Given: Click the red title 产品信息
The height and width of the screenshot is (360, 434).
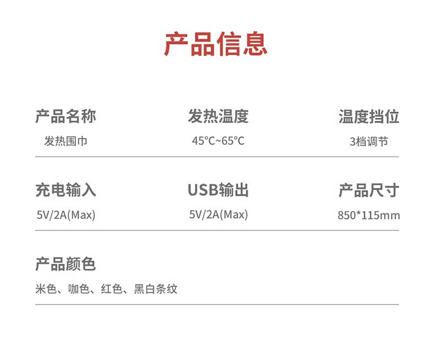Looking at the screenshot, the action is (x=216, y=45).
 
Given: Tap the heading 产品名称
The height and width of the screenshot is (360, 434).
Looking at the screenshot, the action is (x=65, y=117).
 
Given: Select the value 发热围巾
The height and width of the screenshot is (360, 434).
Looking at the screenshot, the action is (x=65, y=141).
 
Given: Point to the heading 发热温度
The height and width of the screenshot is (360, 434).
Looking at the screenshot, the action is (x=218, y=117).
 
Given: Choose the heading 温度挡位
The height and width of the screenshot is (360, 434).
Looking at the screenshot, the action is (x=369, y=117).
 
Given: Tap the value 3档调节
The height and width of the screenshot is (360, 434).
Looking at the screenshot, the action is (x=369, y=142).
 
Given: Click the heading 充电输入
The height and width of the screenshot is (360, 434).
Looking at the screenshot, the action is (x=65, y=190).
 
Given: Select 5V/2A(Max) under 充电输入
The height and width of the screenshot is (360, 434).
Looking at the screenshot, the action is (x=66, y=215).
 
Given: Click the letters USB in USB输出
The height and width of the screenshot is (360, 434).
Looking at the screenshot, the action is (x=202, y=190).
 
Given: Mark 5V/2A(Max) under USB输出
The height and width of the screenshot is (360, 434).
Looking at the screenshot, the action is (x=219, y=215).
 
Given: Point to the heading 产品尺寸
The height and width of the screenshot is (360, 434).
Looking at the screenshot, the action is (x=369, y=190).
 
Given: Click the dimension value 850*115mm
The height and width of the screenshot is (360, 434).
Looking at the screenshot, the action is (x=369, y=215).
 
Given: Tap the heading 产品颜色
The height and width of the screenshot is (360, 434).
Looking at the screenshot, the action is (x=65, y=264).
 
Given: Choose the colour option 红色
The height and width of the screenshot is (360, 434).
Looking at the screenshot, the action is (x=112, y=289).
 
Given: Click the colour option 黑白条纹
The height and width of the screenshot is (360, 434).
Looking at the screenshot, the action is (x=156, y=289).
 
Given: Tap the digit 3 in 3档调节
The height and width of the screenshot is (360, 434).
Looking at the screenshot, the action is (x=352, y=142).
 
